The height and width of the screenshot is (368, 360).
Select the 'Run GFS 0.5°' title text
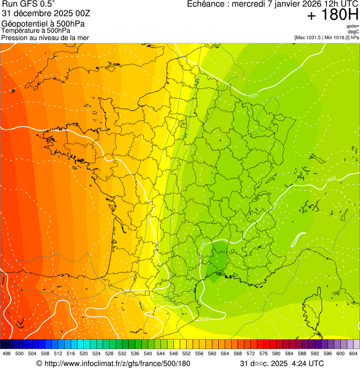[29, 5]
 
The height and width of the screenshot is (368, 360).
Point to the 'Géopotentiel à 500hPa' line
[44, 24]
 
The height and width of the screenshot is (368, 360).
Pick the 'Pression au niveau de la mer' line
[45, 37]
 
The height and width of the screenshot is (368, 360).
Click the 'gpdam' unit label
[353, 26]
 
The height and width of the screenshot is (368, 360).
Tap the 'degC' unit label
[353, 31]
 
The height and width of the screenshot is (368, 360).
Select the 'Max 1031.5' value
[310, 37]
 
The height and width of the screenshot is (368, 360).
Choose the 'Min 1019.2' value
[338, 37]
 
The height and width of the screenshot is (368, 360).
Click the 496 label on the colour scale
[7, 353]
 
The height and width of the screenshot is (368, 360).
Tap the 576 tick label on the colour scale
[264, 353]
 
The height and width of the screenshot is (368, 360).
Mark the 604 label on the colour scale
[353, 353]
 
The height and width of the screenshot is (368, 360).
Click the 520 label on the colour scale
[84, 353]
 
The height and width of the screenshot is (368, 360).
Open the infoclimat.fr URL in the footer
[117, 363]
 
